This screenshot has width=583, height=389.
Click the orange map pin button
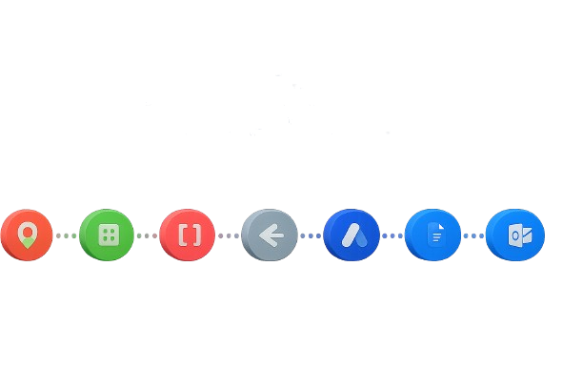27,235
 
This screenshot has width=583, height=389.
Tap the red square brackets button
189,235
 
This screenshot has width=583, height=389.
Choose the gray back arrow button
270,235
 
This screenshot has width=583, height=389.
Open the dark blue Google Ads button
352,235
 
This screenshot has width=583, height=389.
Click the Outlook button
515,235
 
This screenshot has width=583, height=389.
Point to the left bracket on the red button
181,235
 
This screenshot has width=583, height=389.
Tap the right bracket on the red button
197,235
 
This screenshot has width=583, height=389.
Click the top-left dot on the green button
103,230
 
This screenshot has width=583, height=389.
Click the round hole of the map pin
27,232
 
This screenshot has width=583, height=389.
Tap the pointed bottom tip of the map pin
27,247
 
